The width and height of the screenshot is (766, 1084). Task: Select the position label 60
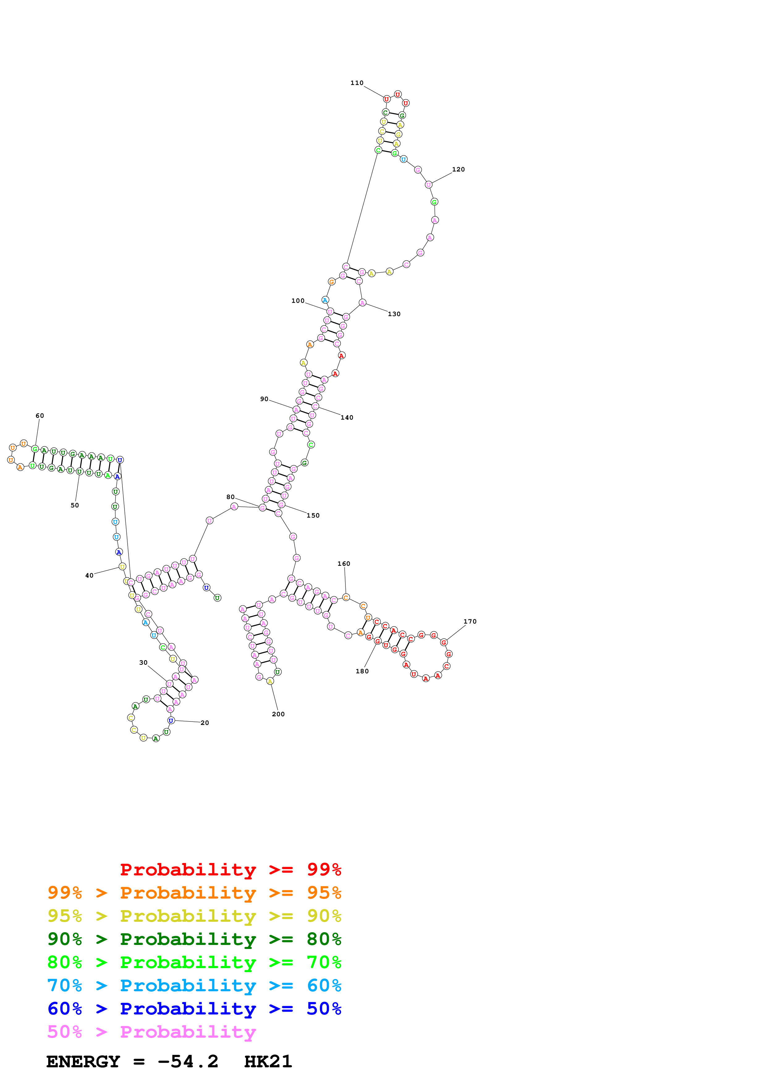tap(40, 416)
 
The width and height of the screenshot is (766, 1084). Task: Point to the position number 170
tap(470, 622)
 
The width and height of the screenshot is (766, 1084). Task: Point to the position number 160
tap(344, 564)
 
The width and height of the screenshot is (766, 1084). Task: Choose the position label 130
tap(394, 314)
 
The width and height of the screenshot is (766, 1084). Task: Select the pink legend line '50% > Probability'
tap(151, 1032)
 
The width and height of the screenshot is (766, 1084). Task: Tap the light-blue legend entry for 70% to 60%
tap(194, 986)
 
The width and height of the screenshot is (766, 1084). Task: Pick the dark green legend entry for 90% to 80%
tap(194, 939)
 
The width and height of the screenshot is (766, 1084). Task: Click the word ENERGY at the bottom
tap(83, 1062)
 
